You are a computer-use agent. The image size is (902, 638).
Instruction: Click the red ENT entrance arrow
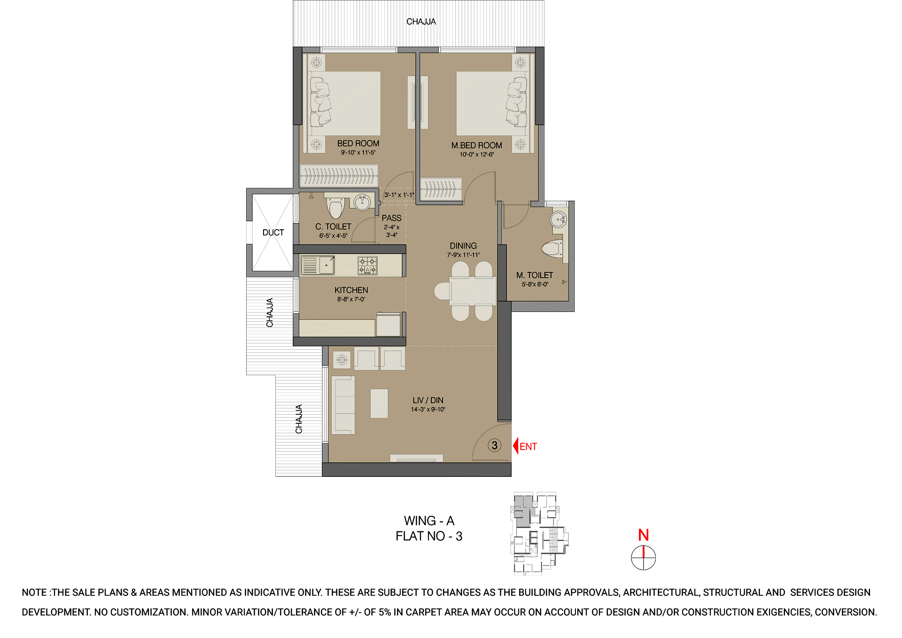click(516, 446)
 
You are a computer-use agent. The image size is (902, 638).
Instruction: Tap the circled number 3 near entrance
click(494, 445)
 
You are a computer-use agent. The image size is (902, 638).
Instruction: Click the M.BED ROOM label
click(476, 146)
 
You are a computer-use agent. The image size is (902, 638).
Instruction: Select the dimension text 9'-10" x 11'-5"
click(358, 153)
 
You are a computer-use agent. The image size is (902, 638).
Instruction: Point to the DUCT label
click(273, 233)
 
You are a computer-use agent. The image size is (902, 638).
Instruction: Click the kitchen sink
click(318, 265)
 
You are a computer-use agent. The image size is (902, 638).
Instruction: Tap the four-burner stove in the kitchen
click(367, 265)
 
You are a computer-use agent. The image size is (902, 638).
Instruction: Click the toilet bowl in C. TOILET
click(335, 208)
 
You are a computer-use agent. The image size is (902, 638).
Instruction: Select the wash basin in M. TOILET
click(558, 219)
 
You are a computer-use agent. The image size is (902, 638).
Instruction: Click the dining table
click(472, 291)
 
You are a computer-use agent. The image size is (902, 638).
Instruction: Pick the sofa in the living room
click(343, 405)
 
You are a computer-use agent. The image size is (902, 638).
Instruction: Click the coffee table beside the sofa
click(379, 404)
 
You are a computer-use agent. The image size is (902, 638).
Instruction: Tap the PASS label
click(391, 218)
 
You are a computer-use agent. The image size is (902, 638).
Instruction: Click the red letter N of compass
click(644, 535)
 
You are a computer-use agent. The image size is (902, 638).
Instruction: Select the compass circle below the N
click(643, 558)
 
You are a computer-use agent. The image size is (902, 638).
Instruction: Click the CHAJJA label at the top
click(421, 22)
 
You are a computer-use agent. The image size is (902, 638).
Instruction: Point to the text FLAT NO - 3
click(429, 536)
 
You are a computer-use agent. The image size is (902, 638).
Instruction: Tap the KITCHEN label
click(351, 290)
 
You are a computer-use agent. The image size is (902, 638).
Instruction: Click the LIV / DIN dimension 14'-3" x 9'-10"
click(428, 410)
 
